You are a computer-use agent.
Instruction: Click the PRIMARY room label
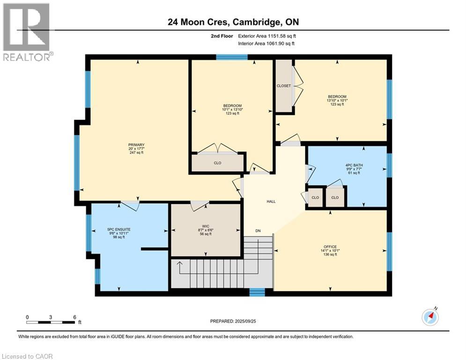(x=136, y=145)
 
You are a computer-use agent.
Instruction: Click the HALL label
(x=271, y=202)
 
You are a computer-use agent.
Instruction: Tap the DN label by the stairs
(x=258, y=231)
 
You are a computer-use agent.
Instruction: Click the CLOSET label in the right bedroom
(x=283, y=86)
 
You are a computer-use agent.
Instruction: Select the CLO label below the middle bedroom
(x=217, y=163)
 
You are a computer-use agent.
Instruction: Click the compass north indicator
(x=430, y=317)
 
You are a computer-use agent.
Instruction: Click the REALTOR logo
(x=27, y=32)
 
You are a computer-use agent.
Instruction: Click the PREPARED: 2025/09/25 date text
(x=232, y=321)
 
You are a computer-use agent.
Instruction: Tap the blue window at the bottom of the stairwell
(x=257, y=292)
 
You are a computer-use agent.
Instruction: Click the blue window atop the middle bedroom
(x=232, y=57)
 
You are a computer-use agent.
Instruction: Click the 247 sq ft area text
(x=136, y=153)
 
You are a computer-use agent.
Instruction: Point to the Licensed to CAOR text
(x=27, y=356)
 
